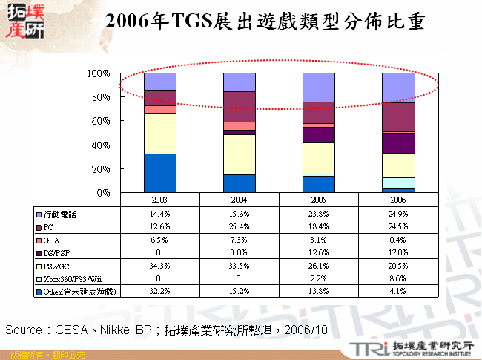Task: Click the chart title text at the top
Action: click(x=264, y=22)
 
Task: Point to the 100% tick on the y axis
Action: click(x=99, y=73)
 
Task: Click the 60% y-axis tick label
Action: click(x=101, y=121)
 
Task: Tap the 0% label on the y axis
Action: click(x=103, y=192)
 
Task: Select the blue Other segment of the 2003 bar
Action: click(x=159, y=173)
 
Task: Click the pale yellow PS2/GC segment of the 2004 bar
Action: click(x=240, y=154)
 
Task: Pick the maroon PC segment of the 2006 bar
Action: click(x=398, y=117)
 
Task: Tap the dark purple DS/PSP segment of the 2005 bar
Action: click(x=319, y=134)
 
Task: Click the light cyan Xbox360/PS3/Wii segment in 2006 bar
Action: click(x=398, y=183)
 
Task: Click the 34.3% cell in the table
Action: click(x=159, y=265)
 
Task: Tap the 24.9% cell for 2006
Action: click(x=398, y=214)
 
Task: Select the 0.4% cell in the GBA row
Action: click(x=398, y=239)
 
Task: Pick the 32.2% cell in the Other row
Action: click(x=159, y=290)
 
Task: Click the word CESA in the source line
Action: click(x=72, y=328)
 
